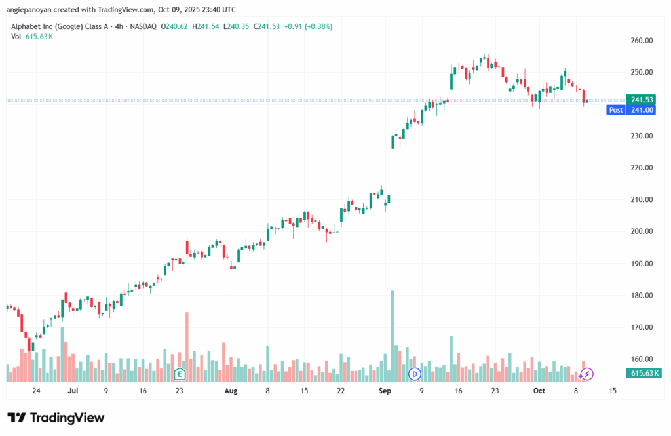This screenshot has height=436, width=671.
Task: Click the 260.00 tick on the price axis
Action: coord(642,41)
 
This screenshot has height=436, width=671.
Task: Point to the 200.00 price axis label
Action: coord(642,231)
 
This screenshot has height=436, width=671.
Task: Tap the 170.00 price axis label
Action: coord(642,327)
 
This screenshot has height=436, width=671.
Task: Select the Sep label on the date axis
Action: coord(385,391)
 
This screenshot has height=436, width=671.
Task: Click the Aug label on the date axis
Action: coord(230,391)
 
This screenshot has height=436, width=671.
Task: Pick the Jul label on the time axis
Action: coord(73,391)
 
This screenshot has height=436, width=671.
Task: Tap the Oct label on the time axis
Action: coord(539,391)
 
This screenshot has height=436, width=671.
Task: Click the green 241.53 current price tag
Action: coord(642,100)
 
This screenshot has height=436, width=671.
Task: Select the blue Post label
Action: coord(616,110)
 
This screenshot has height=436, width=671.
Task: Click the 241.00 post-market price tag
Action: coord(642,110)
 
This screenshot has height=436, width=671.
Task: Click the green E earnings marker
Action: coord(179,374)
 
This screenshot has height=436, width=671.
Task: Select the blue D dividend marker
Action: coord(414,374)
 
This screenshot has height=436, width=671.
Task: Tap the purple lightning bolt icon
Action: coord(588,374)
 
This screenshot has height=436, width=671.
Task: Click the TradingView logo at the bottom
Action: coord(56,418)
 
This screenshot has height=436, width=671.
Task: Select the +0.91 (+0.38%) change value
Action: coord(308,26)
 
